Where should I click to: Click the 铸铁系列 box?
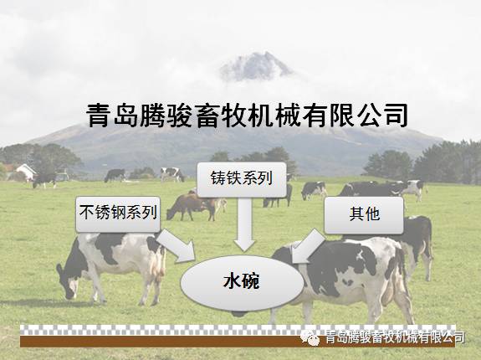[242, 179]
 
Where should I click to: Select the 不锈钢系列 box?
[118, 214]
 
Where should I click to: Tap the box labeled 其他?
[364, 215]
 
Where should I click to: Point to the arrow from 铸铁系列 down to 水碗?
[244, 224]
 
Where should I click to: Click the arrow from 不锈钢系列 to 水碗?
[177, 246]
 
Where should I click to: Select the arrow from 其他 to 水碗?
[307, 246]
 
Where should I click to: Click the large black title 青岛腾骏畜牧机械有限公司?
[247, 116]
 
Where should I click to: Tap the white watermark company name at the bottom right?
[395, 337]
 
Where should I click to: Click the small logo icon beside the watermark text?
[310, 338]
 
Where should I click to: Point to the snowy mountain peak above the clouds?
[256, 65]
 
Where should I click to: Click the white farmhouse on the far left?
[26, 172]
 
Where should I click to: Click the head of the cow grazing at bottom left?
[67, 282]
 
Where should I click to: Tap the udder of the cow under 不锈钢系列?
[156, 270]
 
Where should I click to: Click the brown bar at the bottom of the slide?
[237, 342]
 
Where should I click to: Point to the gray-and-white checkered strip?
[237, 330]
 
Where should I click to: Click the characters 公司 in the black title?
[382, 116]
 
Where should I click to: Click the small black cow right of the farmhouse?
[45, 180]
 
